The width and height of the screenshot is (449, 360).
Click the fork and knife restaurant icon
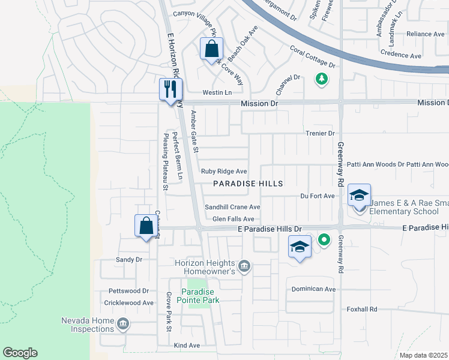(170, 89)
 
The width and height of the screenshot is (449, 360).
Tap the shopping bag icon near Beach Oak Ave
(211, 49)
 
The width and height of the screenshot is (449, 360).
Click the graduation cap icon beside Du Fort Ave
(359, 195)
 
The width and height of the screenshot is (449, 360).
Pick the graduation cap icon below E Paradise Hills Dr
(300, 247)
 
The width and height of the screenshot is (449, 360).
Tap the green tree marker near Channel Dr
(321, 78)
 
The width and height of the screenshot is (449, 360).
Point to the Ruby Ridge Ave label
(224, 172)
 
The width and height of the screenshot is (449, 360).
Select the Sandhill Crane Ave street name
(232, 207)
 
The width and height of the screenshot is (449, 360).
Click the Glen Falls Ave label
(233, 220)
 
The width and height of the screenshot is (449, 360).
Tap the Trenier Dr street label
(319, 133)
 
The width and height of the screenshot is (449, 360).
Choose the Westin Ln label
(217, 92)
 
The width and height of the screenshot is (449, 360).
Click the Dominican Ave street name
(313, 289)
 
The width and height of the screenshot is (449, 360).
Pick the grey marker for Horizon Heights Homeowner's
(244, 266)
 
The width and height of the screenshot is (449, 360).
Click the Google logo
(20, 353)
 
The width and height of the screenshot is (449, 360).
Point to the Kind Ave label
(186, 346)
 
